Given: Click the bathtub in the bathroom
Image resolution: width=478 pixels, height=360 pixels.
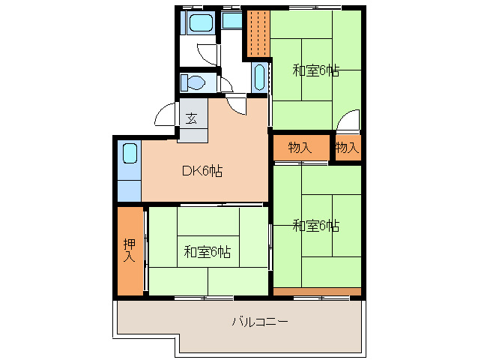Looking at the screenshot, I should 200,22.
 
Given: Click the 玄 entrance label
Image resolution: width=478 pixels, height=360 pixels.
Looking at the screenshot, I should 192,118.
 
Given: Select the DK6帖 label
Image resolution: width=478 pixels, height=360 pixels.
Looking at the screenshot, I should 202,170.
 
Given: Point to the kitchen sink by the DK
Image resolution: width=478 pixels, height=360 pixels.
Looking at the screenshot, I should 130,155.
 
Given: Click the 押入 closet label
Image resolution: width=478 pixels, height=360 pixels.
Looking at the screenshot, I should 130,250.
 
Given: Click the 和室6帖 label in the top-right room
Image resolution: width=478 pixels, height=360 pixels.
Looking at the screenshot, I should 315,71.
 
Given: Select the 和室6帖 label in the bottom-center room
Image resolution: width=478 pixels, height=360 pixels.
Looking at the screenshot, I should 207,251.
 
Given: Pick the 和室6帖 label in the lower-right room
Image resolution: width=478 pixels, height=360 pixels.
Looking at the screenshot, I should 315,225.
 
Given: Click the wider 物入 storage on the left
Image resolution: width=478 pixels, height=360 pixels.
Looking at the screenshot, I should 300,148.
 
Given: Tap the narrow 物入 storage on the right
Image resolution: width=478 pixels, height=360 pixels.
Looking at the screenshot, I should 347,148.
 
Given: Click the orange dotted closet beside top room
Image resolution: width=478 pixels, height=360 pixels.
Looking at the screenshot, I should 257,34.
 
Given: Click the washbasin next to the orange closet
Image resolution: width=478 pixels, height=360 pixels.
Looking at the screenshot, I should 259,77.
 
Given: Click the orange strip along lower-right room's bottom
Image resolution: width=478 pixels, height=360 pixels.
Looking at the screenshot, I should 317,290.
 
